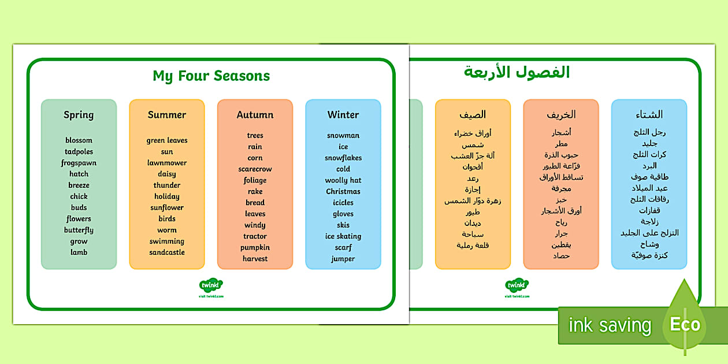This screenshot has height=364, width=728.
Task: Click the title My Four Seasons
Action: click(x=211, y=76)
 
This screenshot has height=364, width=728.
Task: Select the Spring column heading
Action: click(x=79, y=115)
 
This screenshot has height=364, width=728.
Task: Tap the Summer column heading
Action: click(x=166, y=115)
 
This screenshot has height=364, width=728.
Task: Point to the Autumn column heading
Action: click(x=255, y=115)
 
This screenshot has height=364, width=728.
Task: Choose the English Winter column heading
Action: click(x=343, y=115)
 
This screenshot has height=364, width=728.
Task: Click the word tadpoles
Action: click(x=79, y=152)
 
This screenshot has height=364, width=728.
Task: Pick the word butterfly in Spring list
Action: click(x=79, y=230)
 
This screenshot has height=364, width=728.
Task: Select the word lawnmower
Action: click(x=166, y=163)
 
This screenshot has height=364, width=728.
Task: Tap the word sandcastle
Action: click(x=166, y=252)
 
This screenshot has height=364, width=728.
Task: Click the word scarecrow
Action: click(x=255, y=169)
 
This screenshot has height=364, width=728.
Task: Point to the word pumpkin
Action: click(x=255, y=247)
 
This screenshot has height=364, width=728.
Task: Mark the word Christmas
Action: click(x=343, y=192)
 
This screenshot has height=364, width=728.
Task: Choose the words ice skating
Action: click(x=343, y=236)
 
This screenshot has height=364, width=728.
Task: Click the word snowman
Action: click(x=343, y=136)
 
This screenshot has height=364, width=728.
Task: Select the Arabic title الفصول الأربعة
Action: click(x=517, y=73)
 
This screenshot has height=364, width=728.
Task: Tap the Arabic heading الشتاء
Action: click(x=649, y=114)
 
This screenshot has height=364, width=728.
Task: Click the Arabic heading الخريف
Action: click(x=560, y=115)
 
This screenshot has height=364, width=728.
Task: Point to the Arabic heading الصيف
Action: click(x=473, y=114)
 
